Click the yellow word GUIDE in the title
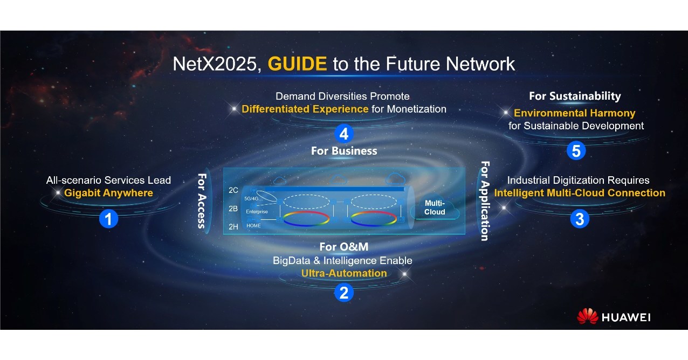pyautogui.click(x=297, y=64)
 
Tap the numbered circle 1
pyautogui.click(x=108, y=219)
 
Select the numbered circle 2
pyautogui.click(x=343, y=293)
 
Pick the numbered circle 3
pyautogui.click(x=579, y=219)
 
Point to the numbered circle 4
pyautogui.click(x=343, y=133)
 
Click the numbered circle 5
pyautogui.click(x=575, y=151)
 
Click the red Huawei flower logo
pyautogui.click(x=587, y=316)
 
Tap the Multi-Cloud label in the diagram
pyautogui.click(x=435, y=207)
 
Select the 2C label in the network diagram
pyautogui.click(x=233, y=190)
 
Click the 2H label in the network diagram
pyautogui.click(x=233, y=227)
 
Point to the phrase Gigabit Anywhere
pyautogui.click(x=108, y=193)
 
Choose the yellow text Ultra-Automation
pyautogui.click(x=343, y=273)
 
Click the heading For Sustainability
pyautogui.click(x=575, y=96)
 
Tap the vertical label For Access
pyautogui.click(x=202, y=200)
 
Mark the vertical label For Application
pyautogui.click(x=484, y=200)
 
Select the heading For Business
pyautogui.click(x=343, y=151)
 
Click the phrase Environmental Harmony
pyautogui.click(x=574, y=113)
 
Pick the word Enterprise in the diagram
pyautogui.click(x=257, y=212)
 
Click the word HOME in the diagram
pyautogui.click(x=253, y=226)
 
